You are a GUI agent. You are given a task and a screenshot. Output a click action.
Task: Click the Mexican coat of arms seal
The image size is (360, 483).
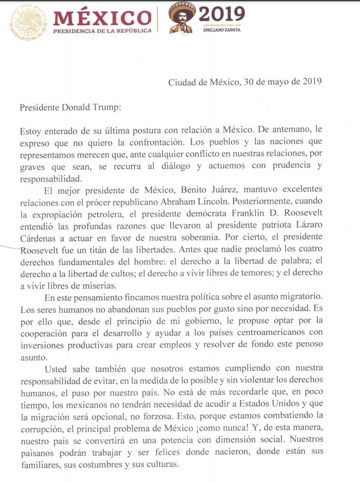coord(28,21)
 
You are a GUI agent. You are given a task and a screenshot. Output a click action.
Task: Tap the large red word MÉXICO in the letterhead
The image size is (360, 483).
coord(102,17)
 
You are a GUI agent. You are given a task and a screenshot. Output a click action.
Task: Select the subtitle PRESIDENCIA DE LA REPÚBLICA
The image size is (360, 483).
coord(102,31)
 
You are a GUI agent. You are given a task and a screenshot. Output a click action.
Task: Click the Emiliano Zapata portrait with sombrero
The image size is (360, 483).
coord(183,20)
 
